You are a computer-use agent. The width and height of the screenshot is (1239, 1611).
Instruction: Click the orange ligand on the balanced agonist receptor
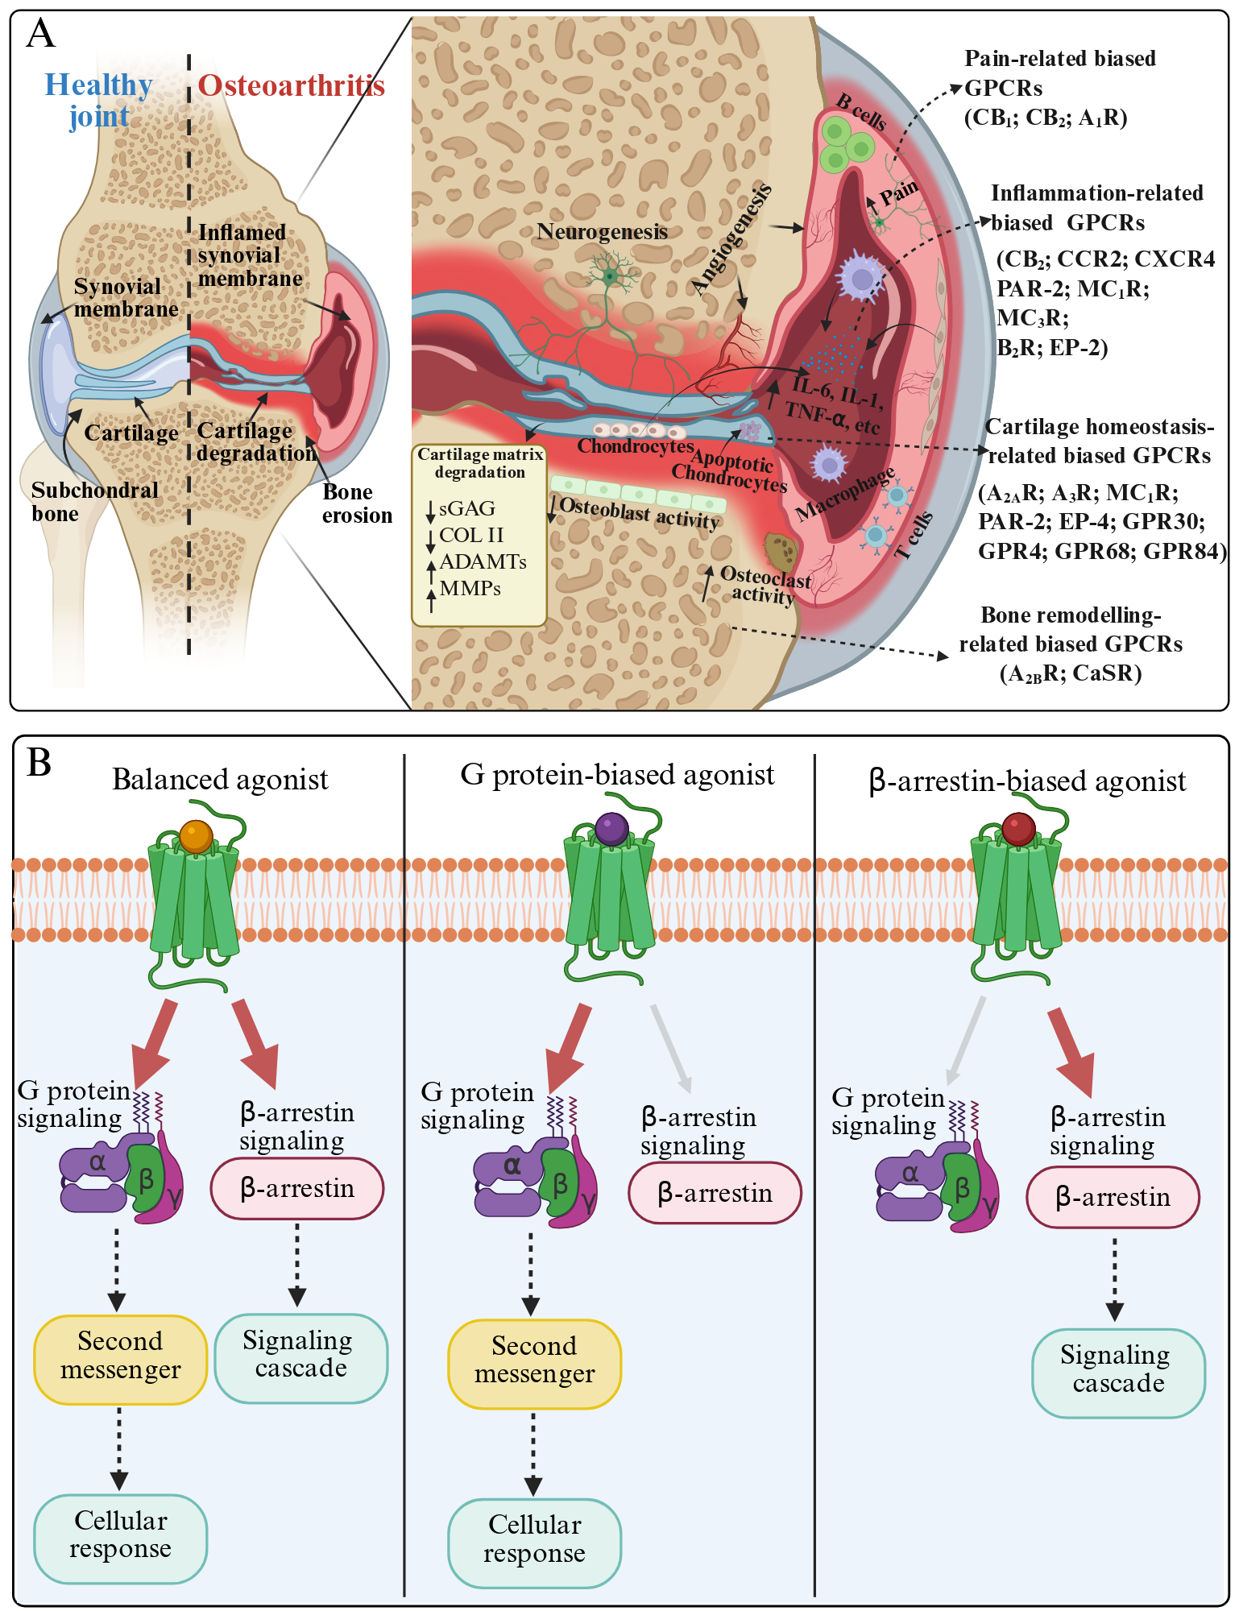pos(197,837)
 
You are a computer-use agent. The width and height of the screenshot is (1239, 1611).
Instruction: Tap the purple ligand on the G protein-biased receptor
pos(612,829)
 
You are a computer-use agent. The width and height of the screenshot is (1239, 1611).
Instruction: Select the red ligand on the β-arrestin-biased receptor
pos(1019,829)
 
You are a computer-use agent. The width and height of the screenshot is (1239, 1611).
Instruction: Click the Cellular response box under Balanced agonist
pos(121,1539)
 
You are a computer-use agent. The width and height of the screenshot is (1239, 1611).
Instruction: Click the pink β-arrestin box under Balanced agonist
pos(297,1189)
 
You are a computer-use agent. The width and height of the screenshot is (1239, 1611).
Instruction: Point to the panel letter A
pos(41,35)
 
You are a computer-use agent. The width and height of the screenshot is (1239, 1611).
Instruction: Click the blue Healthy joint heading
pos(98,101)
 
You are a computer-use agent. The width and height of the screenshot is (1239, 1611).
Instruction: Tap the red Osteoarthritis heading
pos(291,85)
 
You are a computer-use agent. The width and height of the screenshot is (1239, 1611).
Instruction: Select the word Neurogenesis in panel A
pos(603,232)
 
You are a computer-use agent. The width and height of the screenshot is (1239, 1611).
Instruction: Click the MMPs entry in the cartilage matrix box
pos(470,589)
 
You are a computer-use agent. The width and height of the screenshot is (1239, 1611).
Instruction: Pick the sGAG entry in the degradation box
pos(467,509)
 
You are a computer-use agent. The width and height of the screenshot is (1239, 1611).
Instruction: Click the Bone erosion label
pos(357,503)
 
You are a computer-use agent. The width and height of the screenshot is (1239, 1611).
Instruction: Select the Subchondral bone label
pos(95,502)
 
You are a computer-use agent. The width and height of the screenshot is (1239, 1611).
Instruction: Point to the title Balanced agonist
pos(220,780)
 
